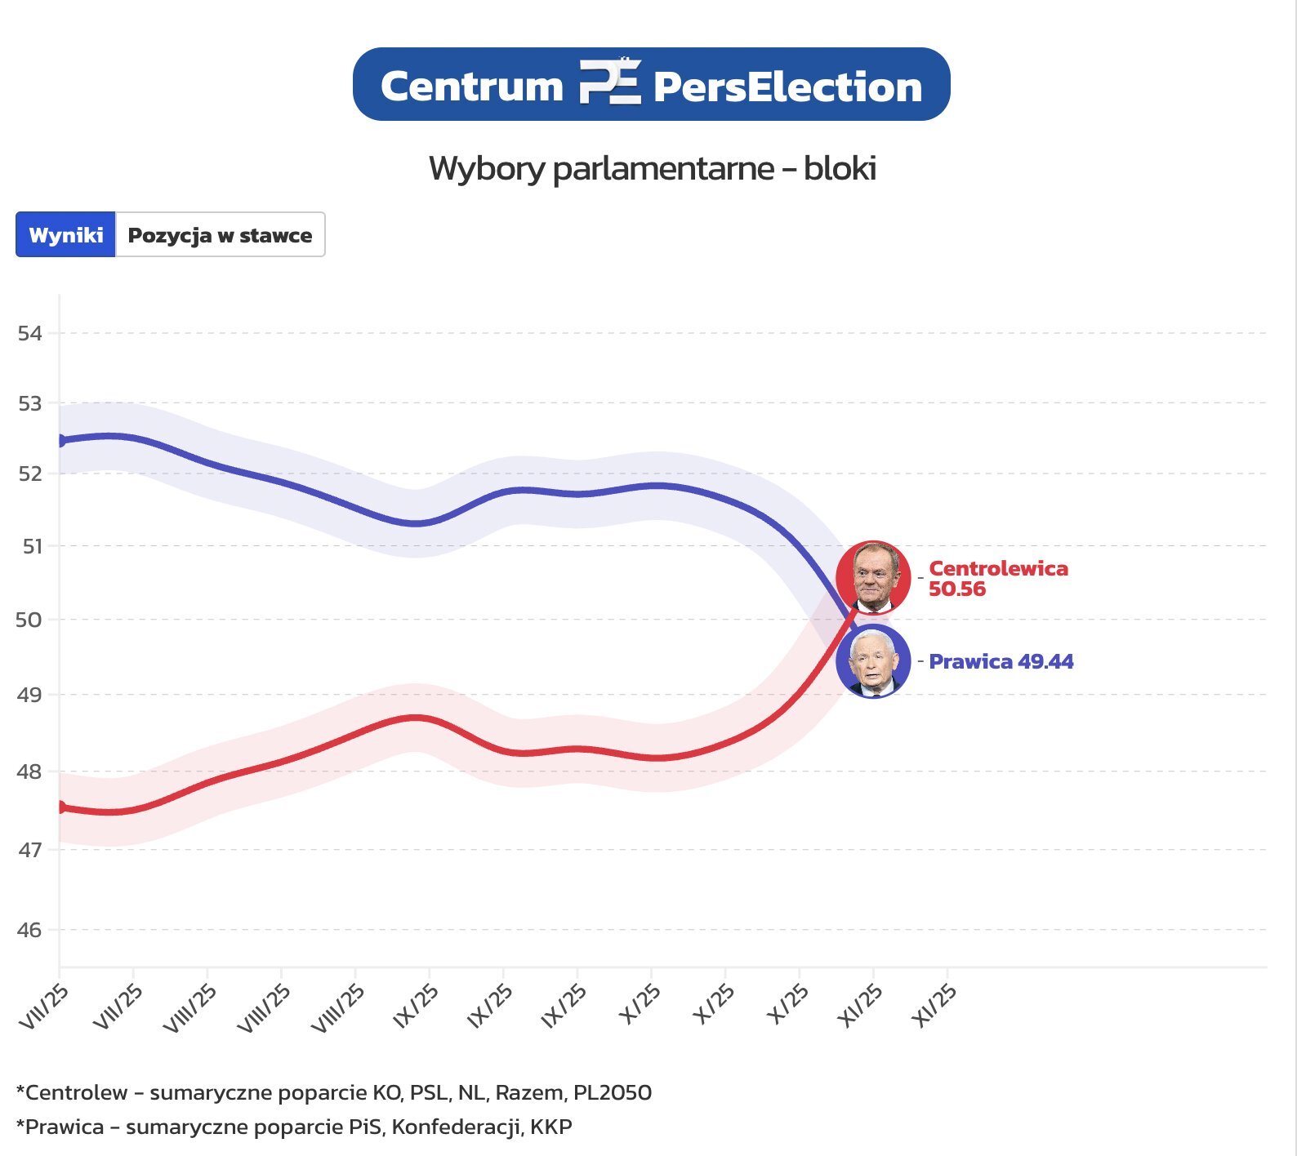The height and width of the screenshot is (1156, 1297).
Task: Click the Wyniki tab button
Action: pos(65,235)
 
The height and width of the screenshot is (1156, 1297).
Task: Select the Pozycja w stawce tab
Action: pos(220,235)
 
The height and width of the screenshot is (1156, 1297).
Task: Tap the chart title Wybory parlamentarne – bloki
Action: pos(652,168)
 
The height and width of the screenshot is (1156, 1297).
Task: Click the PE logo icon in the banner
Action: pos(609,83)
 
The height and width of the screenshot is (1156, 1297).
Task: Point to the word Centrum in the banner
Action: pos(472,87)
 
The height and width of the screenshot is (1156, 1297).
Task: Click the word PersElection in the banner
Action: pos(787,87)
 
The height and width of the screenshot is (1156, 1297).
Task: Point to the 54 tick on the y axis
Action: pos(30,333)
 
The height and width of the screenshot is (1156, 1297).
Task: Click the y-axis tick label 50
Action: pos(29,620)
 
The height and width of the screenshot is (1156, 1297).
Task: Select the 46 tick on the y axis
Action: pos(29,929)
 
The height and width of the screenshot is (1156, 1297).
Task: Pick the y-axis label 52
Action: pos(30,474)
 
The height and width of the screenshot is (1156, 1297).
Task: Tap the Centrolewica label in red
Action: pos(998,568)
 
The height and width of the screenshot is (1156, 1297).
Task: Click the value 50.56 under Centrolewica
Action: pos(957,589)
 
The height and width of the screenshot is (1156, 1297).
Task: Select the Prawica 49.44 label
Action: pos(1001,661)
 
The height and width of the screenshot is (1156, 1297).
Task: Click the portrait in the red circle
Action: pos(873,577)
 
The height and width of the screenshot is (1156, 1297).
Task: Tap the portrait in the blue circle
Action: pos(873,661)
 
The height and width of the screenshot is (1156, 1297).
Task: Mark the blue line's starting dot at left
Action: pos(60,441)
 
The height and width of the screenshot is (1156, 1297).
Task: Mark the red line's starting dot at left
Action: pos(60,807)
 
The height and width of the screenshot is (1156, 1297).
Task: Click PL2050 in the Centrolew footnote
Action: pos(613,1092)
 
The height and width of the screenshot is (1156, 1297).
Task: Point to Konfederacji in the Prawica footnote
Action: pos(457,1127)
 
